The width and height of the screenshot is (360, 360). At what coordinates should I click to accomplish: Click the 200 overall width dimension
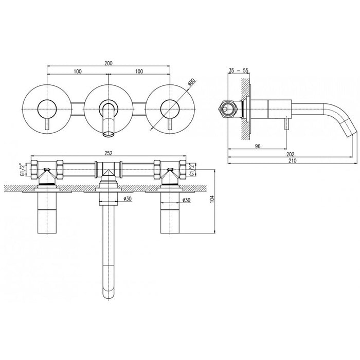tap(109, 63)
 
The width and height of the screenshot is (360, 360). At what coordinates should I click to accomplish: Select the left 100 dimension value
tap(78, 71)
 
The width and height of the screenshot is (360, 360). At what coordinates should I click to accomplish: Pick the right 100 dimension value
tap(139, 71)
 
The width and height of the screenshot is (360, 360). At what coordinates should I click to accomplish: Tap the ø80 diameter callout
tap(191, 82)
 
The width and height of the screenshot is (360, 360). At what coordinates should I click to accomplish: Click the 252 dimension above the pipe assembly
tap(109, 153)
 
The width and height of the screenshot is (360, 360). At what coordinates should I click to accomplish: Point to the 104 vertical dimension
tap(212, 199)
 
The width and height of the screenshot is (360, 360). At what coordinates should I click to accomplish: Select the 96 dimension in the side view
tap(258, 146)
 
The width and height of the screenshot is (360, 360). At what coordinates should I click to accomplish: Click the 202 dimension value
tap(291, 154)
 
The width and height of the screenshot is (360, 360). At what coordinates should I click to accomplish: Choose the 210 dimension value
tap(292, 160)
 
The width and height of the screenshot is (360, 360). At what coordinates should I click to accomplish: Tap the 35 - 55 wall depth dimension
tap(239, 70)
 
